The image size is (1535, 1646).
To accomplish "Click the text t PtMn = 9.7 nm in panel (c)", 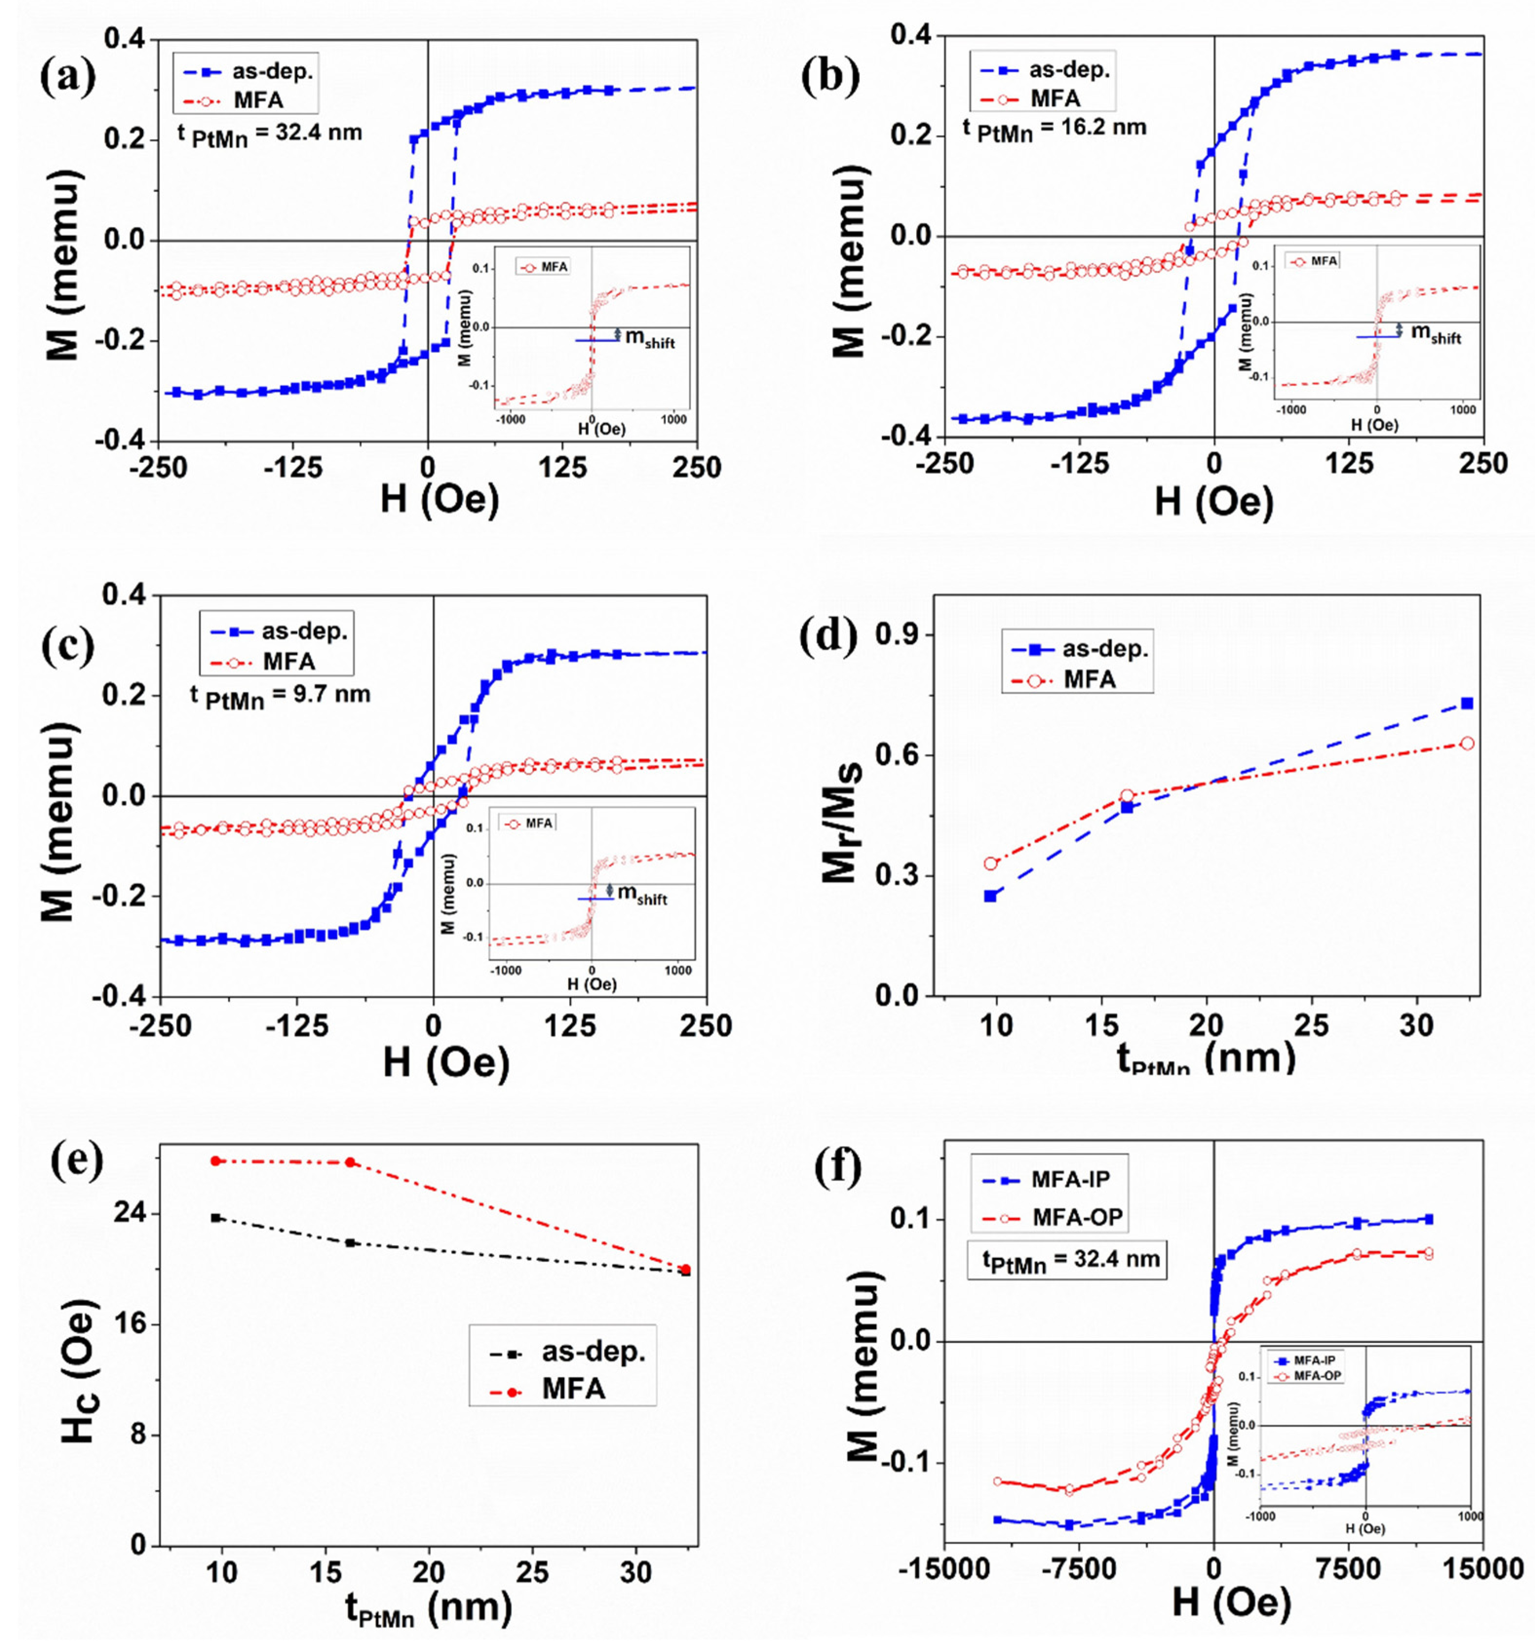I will click(x=280, y=696).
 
